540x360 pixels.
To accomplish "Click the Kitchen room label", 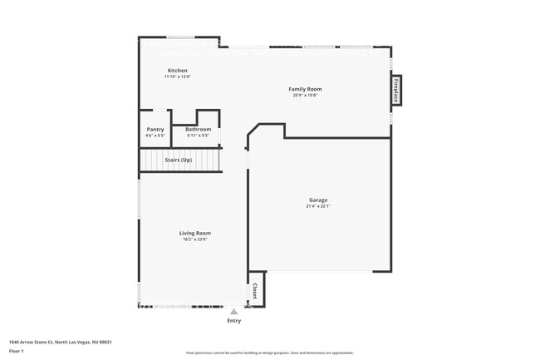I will tap(178, 71).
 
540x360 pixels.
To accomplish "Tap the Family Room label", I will tap(305, 89).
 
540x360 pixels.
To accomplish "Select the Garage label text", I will tap(318, 200).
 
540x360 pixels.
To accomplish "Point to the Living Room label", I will tap(195, 234).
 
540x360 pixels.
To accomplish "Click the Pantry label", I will tap(155, 129).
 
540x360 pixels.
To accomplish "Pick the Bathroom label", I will tap(199, 129).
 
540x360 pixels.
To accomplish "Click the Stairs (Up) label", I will tap(179, 160).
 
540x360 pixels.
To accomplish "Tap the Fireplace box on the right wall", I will tap(396, 91).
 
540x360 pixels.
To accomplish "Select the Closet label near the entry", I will tap(255, 292).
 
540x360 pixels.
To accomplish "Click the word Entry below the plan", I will tap(234, 321).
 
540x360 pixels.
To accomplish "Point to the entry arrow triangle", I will tap(234, 312).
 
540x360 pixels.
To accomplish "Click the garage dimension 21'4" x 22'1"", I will tap(318, 206).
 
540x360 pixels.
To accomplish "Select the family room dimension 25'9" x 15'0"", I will tap(305, 95).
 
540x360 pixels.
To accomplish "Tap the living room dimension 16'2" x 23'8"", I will tap(195, 239).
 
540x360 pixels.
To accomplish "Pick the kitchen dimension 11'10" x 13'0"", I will tap(178, 76).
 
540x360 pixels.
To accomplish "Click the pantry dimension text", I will tap(155, 135).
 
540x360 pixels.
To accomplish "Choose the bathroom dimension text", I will tap(199, 135).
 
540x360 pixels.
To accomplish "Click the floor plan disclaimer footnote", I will tap(270, 353).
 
